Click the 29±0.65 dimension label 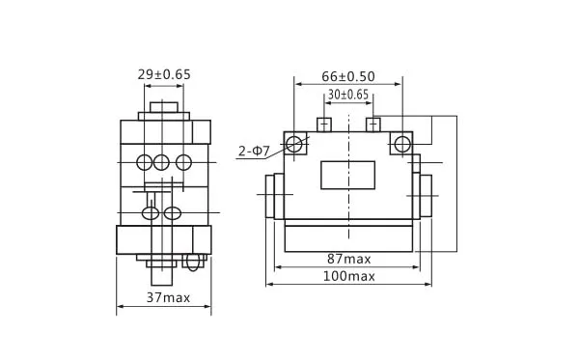pos(164,74)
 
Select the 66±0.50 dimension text pos(348,76)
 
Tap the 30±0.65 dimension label pos(348,95)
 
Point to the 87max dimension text pos(349,259)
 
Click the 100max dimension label pos(349,276)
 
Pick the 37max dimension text pos(168,297)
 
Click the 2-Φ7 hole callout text pos(254,151)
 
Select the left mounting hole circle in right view pos(294,144)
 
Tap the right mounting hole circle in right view pos(402,144)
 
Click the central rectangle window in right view pos(347,175)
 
